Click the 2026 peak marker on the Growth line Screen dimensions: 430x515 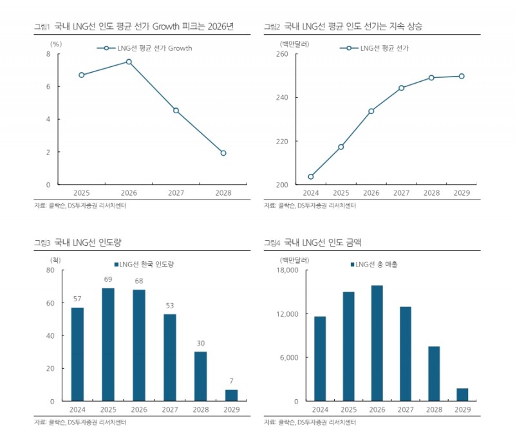(129, 62)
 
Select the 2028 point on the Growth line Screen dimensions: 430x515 (223, 153)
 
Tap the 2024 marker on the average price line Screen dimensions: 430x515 (311, 176)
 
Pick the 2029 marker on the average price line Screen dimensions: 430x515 (462, 76)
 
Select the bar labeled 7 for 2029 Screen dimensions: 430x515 (232, 395)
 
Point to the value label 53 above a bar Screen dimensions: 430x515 (171, 306)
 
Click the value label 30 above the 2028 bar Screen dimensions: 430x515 (201, 344)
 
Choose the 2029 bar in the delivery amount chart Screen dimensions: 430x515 (462, 395)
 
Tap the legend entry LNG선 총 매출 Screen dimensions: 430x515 (377, 265)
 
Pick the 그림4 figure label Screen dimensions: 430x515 (272, 243)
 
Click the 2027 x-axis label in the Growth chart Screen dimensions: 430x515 (176, 192)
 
